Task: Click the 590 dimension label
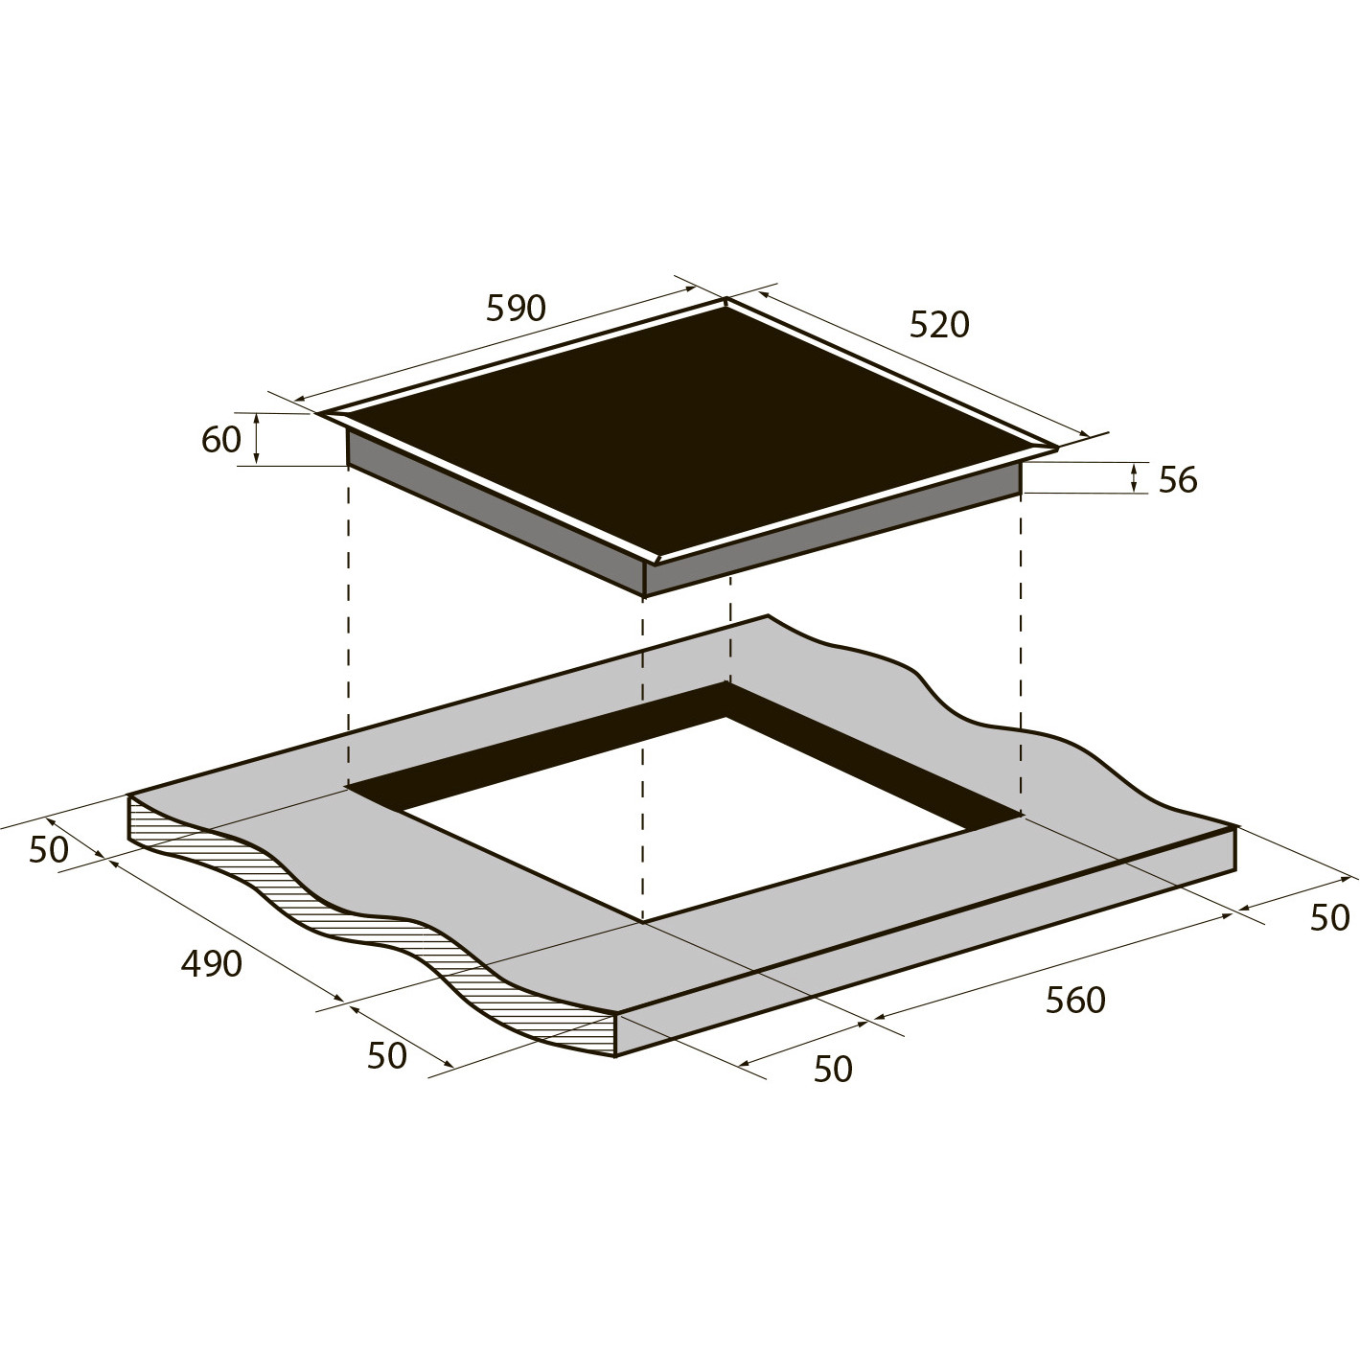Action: pyautogui.click(x=516, y=309)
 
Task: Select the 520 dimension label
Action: pyautogui.click(x=939, y=325)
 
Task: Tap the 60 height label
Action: pyautogui.click(x=220, y=440)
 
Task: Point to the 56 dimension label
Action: pyautogui.click(x=1178, y=480)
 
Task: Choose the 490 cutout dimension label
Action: pyautogui.click(x=212, y=963)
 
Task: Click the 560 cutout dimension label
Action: pyautogui.click(x=1075, y=1000)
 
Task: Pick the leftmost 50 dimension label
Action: pyautogui.click(x=49, y=850)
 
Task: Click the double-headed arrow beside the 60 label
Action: pyautogui.click(x=257, y=439)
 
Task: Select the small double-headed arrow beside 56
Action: pyautogui.click(x=1134, y=478)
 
